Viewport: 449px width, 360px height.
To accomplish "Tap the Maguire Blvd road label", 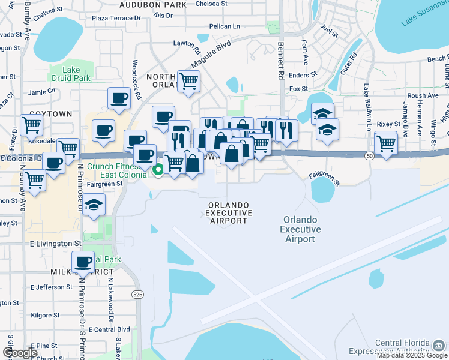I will click(211, 55).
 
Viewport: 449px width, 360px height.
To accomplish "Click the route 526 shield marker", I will click(138, 295).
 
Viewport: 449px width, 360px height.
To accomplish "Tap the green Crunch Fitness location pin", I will click(158, 170).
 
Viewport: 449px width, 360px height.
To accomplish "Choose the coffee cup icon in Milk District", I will click(83, 262).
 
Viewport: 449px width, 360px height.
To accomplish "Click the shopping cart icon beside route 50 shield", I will click(385, 143).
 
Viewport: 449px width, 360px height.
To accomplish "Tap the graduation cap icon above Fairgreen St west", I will click(94, 205).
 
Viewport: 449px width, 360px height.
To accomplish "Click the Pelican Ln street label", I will click(224, 26).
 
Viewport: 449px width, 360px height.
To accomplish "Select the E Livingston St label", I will click(55, 244).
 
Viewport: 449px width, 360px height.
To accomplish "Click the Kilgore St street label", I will click(45, 315).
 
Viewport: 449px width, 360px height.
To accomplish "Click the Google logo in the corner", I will click(20, 353).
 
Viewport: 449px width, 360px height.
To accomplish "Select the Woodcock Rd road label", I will click(136, 79).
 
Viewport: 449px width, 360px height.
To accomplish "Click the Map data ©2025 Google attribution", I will click(412, 355).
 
